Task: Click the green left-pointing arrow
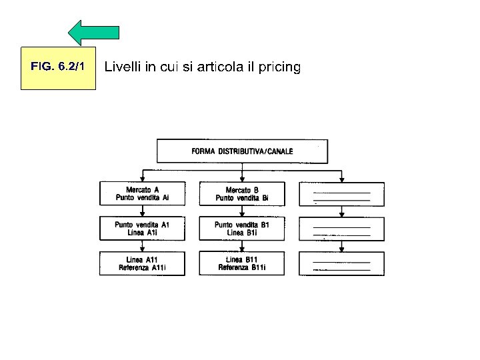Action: (94, 33)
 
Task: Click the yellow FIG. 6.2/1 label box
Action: (58, 67)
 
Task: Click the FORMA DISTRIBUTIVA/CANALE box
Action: (242, 151)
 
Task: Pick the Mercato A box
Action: (142, 193)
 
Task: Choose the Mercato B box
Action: (242, 193)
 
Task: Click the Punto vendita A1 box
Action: (142, 229)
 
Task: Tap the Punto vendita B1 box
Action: (242, 229)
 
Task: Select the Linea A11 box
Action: (142, 263)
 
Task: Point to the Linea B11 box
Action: (242, 263)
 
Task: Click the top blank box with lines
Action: (341, 193)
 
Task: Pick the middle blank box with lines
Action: (341, 229)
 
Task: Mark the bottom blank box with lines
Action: (341, 263)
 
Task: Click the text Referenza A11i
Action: (142, 268)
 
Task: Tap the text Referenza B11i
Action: (242, 268)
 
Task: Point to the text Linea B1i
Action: (242, 233)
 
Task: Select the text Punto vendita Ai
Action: (142, 198)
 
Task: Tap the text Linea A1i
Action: (142, 233)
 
